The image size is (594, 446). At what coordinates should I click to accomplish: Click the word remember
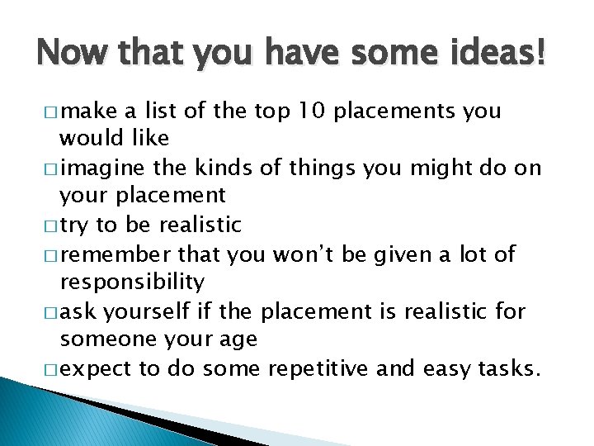click(x=112, y=254)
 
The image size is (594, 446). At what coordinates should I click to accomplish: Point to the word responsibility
click(x=132, y=282)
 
